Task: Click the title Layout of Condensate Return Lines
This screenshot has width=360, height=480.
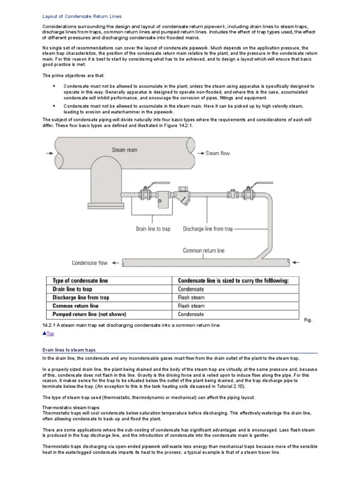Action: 82,16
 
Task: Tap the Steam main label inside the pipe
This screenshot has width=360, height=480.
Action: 125,150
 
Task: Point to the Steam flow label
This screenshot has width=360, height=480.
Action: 218,153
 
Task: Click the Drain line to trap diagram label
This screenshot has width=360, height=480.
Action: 153,229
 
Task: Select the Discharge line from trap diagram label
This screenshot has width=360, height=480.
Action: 208,229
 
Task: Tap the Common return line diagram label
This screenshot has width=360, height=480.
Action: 203,250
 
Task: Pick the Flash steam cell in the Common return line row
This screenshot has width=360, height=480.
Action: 191,306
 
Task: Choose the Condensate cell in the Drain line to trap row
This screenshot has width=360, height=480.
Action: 191,289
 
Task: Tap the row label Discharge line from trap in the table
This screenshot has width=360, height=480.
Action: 81,298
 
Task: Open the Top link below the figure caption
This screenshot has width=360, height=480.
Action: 49,334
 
